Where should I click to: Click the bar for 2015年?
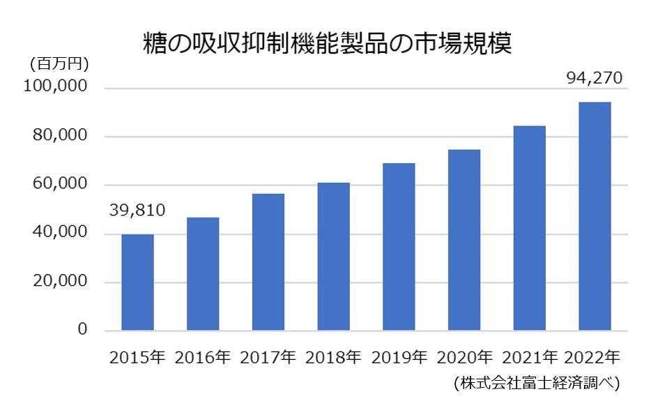click(137, 282)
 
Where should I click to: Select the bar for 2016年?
click(203, 273)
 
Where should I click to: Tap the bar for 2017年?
click(268, 261)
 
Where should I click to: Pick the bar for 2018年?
click(333, 256)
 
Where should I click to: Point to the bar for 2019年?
click(399, 246)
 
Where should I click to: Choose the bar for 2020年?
click(464, 239)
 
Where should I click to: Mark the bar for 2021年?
click(529, 227)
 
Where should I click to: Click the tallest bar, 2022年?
click(595, 215)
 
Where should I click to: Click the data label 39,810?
click(137, 211)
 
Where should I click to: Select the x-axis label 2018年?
click(333, 358)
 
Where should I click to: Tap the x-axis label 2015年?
click(137, 358)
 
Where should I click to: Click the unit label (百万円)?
click(59, 64)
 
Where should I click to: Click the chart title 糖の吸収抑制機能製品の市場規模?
click(328, 43)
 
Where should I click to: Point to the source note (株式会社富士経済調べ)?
click(536, 383)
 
